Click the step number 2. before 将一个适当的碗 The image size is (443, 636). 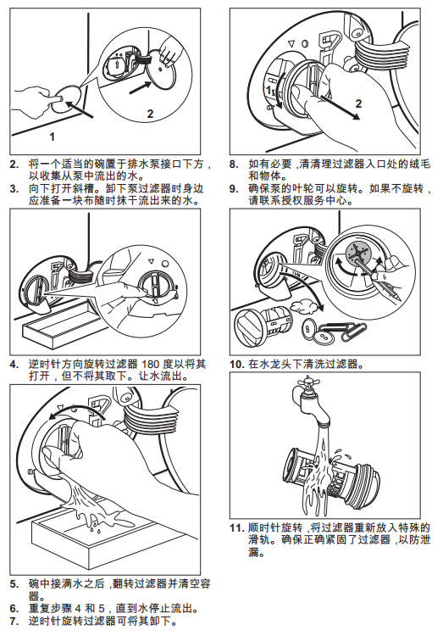pos(14,165)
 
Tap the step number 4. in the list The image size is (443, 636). pos(14,365)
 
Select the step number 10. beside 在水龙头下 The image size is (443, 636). pos(237,365)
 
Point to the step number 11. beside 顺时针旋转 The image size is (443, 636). pos(237,528)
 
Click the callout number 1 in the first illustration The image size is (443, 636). pos(52,137)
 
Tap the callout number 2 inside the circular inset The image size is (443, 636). pos(150,114)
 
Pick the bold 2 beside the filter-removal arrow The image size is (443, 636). pos(358,103)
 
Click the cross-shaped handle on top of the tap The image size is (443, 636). pos(308,382)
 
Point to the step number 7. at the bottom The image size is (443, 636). pos(14,622)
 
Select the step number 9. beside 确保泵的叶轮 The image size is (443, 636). pos(234,189)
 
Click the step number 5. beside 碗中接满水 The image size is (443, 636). pos(14,585)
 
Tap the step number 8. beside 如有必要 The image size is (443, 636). pos(234,165)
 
